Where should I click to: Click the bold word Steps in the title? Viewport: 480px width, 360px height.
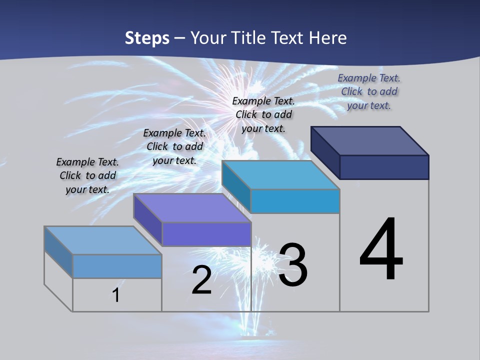[147, 38]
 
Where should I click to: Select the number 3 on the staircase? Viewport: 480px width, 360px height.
[293, 265]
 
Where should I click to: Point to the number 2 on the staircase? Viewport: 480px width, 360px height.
[201, 280]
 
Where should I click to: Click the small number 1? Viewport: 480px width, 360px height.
[116, 295]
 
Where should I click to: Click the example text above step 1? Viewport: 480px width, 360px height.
[87, 175]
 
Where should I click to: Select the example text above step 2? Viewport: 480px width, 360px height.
[174, 146]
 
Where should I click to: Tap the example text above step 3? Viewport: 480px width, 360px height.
[263, 114]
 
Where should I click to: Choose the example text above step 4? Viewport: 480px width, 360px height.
[369, 91]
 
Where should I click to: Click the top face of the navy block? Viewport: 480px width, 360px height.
[370, 140]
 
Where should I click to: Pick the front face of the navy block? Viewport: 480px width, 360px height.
[384, 167]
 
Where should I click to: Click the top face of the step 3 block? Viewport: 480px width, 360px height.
[281, 175]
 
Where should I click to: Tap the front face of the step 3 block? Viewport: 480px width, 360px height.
[295, 201]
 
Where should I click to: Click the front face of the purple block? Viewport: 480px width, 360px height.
[206, 234]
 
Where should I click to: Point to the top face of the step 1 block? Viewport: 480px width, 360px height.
[103, 240]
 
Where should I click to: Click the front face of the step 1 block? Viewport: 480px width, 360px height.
[117, 266]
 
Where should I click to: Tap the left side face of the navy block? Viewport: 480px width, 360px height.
[325, 152]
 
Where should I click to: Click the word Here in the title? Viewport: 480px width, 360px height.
[328, 38]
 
